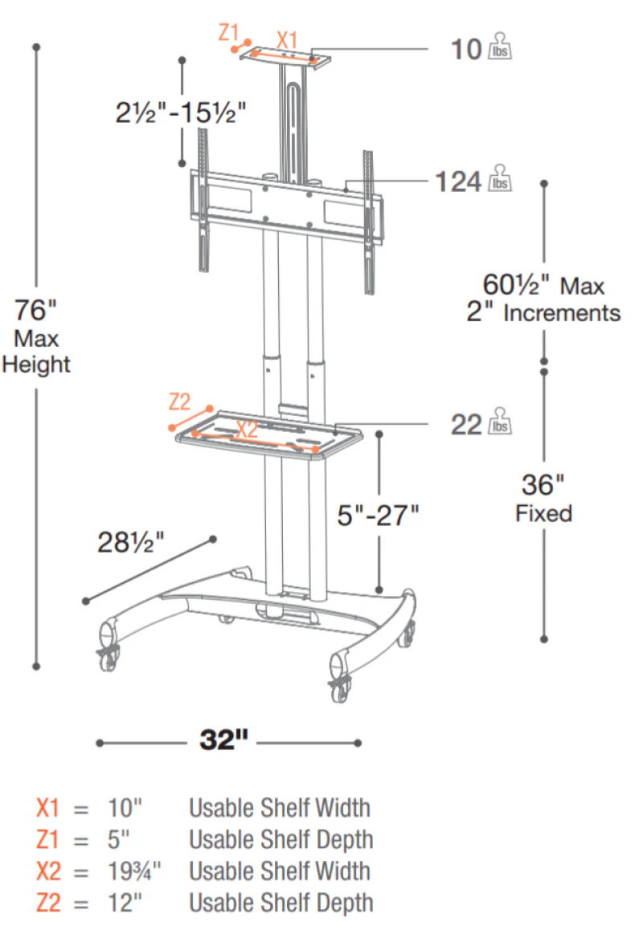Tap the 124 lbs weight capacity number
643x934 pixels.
coord(457,181)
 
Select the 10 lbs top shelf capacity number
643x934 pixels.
coord(466,50)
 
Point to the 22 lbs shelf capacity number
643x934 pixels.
coord(466,425)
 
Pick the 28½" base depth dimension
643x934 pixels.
coord(130,542)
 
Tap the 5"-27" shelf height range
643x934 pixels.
coord(378,516)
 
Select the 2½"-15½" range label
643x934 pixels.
coord(181,112)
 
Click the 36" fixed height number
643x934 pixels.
coord(543,485)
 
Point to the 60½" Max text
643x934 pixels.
coord(543,285)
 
